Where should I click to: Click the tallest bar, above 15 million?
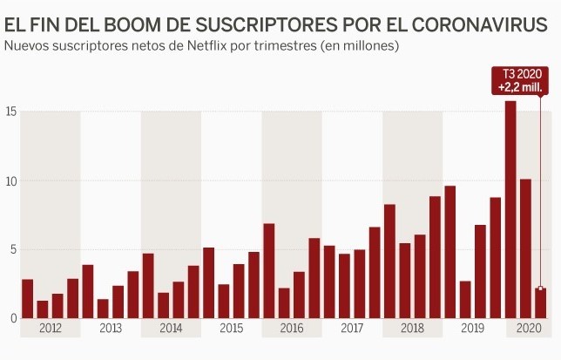(510, 209)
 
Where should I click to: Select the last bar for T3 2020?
(540, 302)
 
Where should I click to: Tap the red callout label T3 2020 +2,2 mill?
(517, 81)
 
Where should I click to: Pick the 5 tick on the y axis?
(12, 250)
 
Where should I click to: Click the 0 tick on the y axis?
(12, 319)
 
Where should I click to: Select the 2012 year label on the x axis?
(51, 329)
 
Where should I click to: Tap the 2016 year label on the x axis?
(292, 329)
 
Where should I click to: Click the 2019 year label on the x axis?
(472, 329)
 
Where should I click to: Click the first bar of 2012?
(28, 299)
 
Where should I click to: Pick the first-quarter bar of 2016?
(269, 271)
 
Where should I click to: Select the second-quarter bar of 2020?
(525, 248)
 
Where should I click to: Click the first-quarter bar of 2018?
(389, 262)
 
